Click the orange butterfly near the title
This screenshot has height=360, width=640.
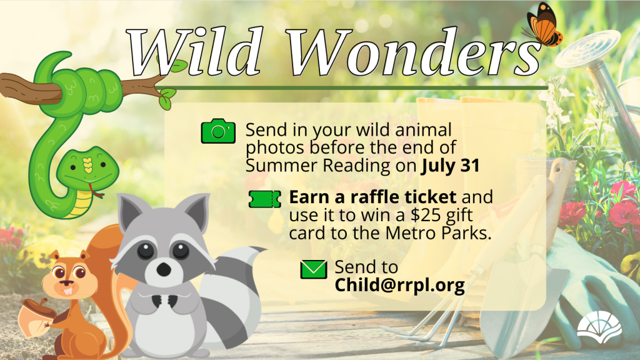click(543, 24)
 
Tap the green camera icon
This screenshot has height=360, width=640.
click(218, 131)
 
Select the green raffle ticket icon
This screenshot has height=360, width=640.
click(265, 199)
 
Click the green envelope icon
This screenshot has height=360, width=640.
click(314, 269)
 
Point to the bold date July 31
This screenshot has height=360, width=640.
click(451, 166)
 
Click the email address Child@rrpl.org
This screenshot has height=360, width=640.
click(399, 285)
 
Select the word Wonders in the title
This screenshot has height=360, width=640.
click(413, 52)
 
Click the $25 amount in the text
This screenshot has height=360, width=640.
click(423, 215)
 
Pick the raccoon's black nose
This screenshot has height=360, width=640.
click(164, 269)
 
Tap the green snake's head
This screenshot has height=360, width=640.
click(87, 167)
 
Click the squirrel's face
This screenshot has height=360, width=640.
click(69, 277)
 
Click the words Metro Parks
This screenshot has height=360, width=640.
click(438, 233)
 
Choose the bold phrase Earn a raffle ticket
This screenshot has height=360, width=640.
click(372, 197)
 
